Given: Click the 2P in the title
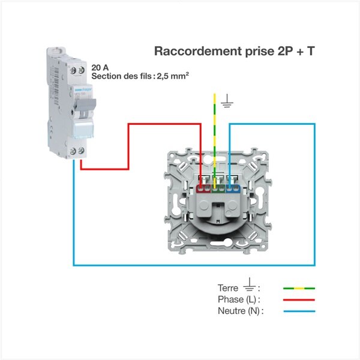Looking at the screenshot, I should coord(284,51).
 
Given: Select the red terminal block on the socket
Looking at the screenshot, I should coord(204,188).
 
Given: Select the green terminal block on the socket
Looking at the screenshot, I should coord(219,188).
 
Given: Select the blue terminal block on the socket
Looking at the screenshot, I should coord(234,188).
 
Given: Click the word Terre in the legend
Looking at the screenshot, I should coord(228,288).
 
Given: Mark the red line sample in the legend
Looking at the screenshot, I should coord(298,299).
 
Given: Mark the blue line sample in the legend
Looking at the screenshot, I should coord(298,311).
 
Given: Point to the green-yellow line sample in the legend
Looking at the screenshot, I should coord(298,288).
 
